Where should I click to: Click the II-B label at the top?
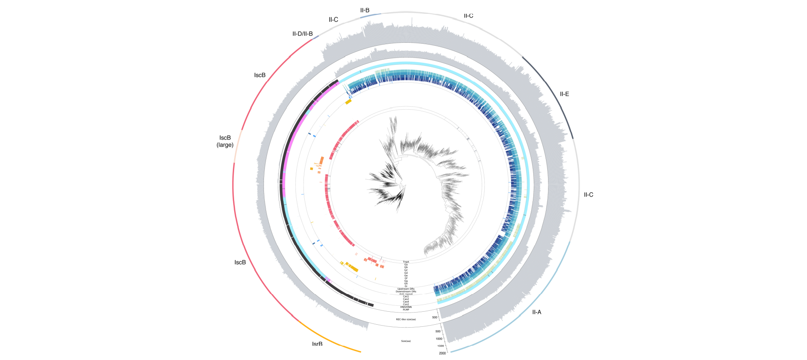365,10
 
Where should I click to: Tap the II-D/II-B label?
303,34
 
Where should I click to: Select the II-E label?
564,94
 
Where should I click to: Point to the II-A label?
537,312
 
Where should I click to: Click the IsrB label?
317,344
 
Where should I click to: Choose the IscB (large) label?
225,141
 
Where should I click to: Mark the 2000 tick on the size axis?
443,353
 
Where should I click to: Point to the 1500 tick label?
440,346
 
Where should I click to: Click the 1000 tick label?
439,339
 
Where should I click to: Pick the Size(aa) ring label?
406,341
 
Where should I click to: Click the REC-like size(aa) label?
406,319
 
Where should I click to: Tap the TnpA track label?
406,262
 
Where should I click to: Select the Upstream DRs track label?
406,289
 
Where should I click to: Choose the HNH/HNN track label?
406,307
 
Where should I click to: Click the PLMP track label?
406,310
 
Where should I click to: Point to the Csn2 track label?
406,304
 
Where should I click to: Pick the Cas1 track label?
406,297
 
